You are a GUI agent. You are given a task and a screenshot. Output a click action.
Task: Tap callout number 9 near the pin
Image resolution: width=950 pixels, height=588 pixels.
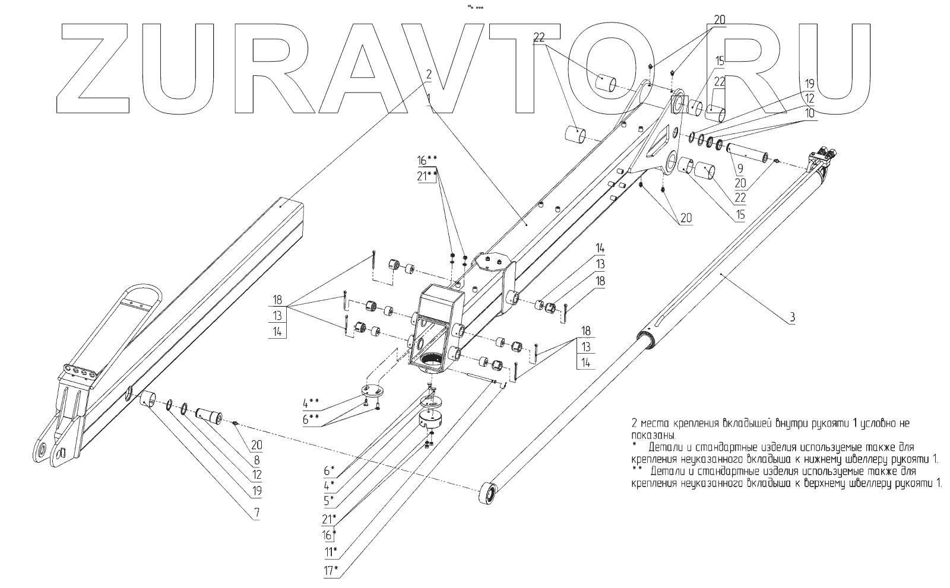point(740,169)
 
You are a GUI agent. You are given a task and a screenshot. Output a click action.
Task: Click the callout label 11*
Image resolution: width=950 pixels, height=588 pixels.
point(331,552)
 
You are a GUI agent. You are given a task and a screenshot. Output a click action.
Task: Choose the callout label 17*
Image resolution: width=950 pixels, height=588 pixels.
point(331,571)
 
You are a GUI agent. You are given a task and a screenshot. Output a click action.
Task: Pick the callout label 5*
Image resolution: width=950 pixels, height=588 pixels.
point(329,500)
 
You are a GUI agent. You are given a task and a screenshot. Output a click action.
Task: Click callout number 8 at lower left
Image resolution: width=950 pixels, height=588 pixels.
point(256,460)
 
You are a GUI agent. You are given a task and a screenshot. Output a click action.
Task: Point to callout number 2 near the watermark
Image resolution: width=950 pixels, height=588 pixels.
point(427,74)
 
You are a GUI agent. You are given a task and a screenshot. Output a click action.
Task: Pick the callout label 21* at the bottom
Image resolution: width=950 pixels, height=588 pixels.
point(329,519)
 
